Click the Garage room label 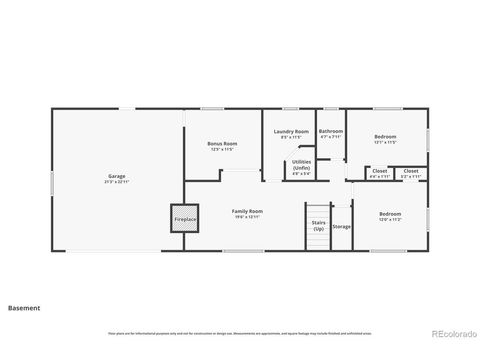[117, 177]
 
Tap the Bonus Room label [222, 144]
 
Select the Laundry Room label [291, 131]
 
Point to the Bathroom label [331, 131]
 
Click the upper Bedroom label [386, 136]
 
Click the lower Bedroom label [390, 214]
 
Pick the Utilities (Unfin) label [301, 165]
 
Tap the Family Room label [247, 211]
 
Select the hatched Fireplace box [185, 218]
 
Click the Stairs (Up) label [318, 226]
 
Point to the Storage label [342, 227]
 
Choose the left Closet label [380, 171]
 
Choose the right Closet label [411, 171]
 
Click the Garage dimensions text [117, 182]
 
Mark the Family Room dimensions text [247, 217]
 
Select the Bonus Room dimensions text [222, 149]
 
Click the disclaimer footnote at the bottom [240, 333]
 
